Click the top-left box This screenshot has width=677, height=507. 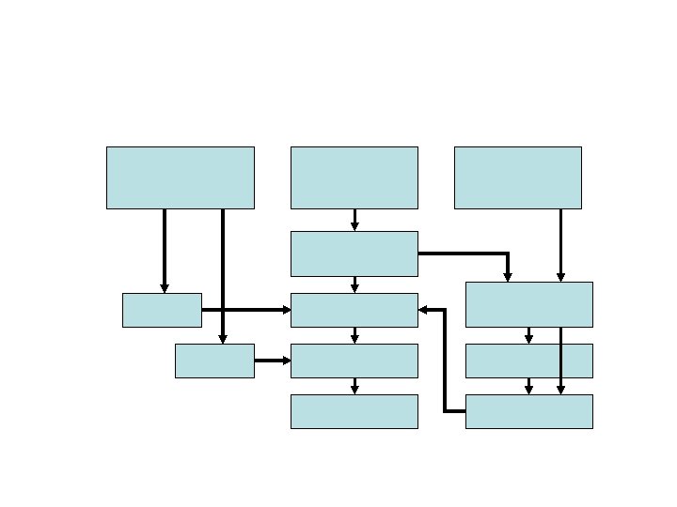coord(180,177)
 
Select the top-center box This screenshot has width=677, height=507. coord(354,177)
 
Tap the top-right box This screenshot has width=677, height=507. coord(517,177)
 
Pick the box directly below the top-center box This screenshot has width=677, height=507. coord(354,253)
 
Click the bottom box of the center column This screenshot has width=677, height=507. coord(354,411)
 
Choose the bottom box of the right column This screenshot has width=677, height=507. coord(528,411)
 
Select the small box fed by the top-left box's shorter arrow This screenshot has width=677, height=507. coord(162,310)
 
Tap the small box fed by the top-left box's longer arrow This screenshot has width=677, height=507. coord(214,361)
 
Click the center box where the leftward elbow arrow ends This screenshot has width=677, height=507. coord(354,310)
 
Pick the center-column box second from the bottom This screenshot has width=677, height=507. coord(354,361)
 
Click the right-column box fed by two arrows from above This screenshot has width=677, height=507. coord(528,304)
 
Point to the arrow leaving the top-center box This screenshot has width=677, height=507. coord(354,220)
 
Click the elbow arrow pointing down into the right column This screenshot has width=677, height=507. coord(470,253)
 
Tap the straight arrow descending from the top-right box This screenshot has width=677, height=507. coord(560,244)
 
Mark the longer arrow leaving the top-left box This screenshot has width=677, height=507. coord(223,272)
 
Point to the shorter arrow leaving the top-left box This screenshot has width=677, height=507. coord(165,250)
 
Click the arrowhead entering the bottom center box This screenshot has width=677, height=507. coord(354,389)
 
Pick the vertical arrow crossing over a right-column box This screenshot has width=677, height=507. coord(560,361)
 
